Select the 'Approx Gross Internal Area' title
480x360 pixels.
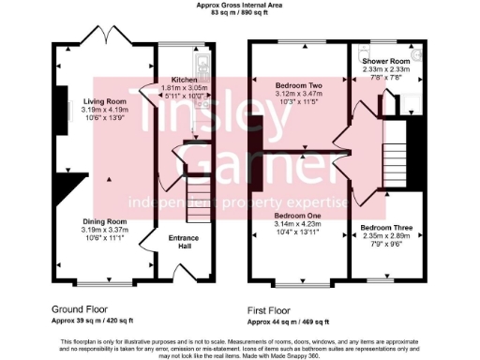239,5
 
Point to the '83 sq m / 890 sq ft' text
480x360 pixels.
239,12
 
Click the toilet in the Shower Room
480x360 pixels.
415,56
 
